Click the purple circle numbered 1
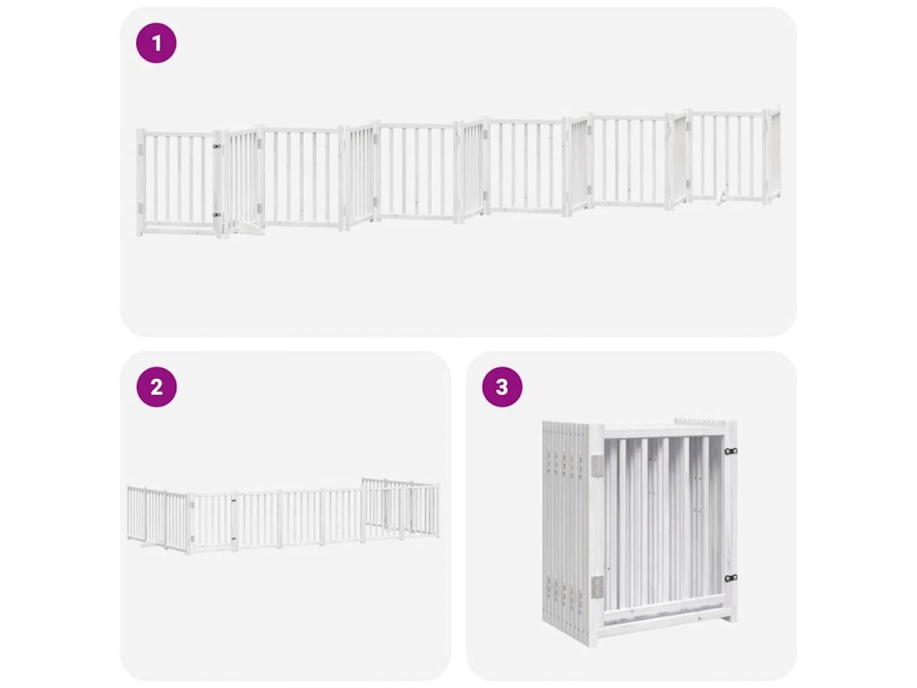pos(156,43)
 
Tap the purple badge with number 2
pos(156,387)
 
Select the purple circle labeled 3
pos(502,387)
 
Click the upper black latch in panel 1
pos(217,147)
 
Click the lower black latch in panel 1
pos(217,215)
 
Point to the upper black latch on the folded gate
pos(731,451)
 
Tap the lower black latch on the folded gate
pos(731,578)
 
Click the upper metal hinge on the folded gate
pos(596,466)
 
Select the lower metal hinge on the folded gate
pos(596,588)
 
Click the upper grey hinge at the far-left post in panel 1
pos(141,150)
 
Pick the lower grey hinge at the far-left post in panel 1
pos(141,208)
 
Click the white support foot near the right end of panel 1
pos(720,198)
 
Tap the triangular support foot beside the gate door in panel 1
pos(245,228)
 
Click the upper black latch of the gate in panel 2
pos(234,501)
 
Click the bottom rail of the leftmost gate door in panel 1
pos(178,225)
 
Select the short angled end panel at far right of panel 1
pos(773,153)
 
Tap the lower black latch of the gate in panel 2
pos(234,538)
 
